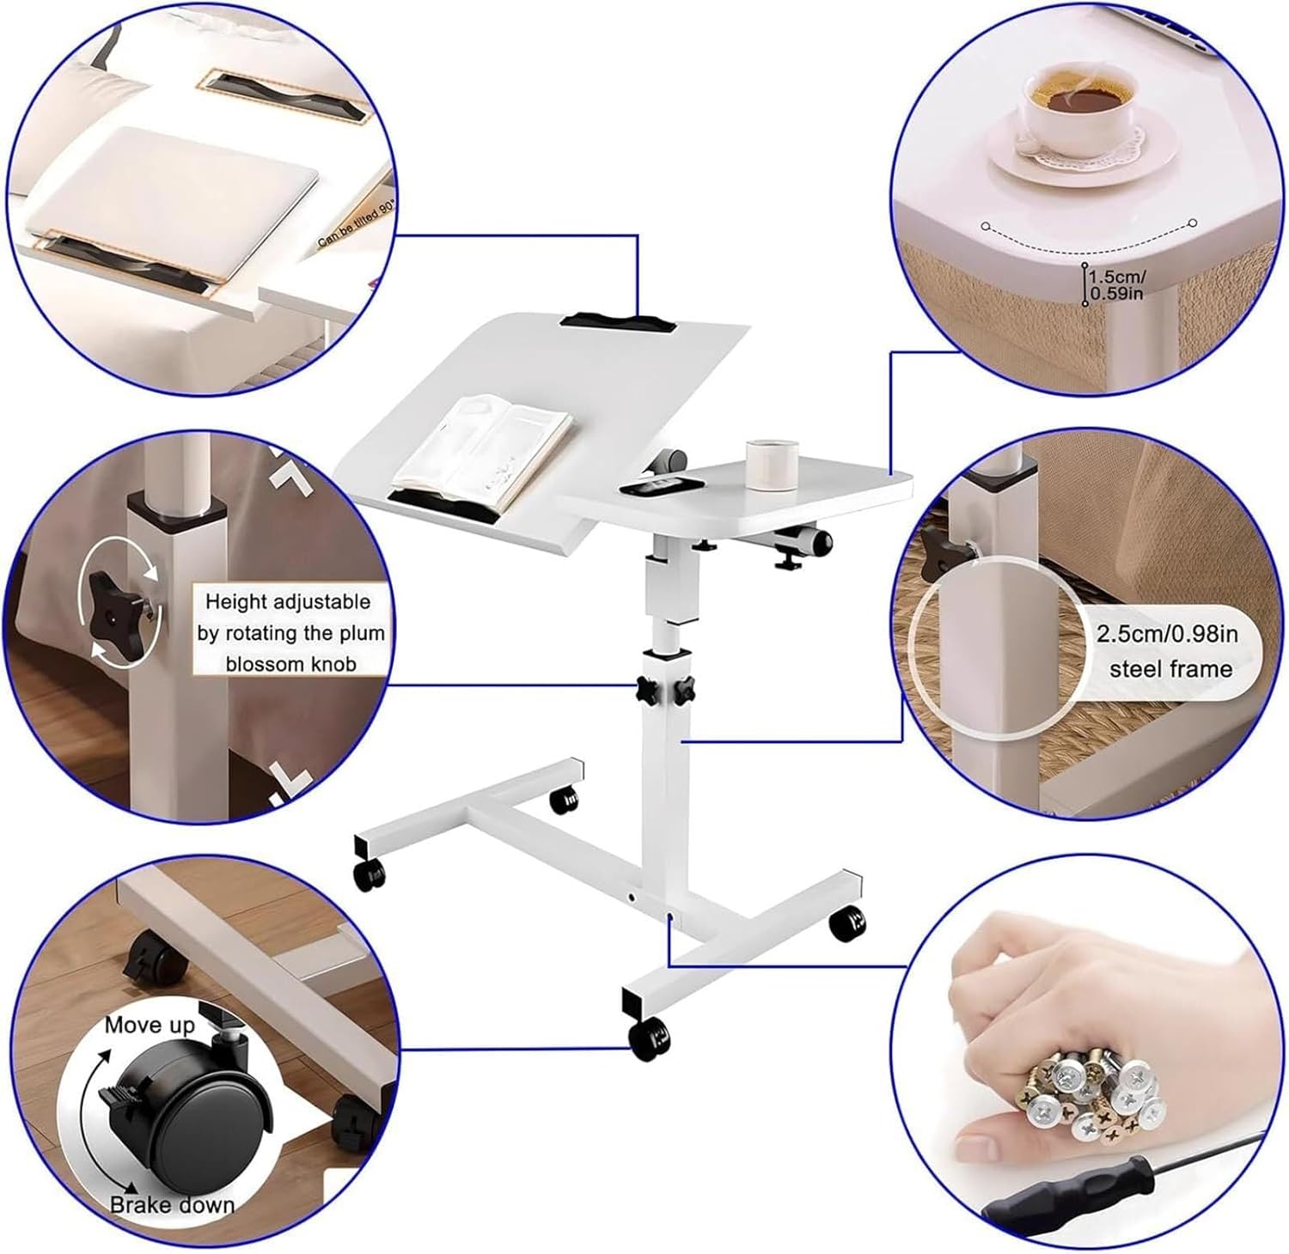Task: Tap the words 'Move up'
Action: pyautogui.click(x=150, y=1025)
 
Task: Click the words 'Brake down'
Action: pyautogui.click(x=172, y=1205)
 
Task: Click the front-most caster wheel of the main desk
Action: pyautogui.click(x=650, y=1038)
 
